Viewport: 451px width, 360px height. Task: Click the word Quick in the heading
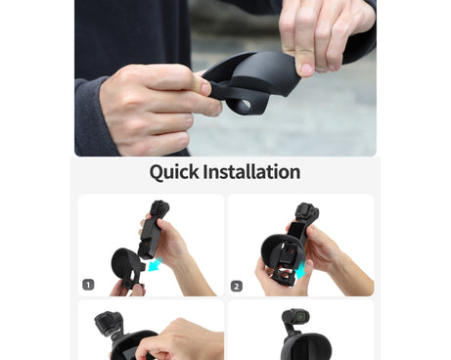[174, 172]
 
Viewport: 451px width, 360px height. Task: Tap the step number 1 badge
[88, 285]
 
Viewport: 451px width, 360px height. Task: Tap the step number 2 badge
[237, 286]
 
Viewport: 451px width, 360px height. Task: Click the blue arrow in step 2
[302, 270]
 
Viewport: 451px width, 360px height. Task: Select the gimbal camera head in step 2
[305, 212]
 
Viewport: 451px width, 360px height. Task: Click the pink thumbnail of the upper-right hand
[306, 69]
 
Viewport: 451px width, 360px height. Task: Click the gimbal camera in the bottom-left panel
[109, 326]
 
